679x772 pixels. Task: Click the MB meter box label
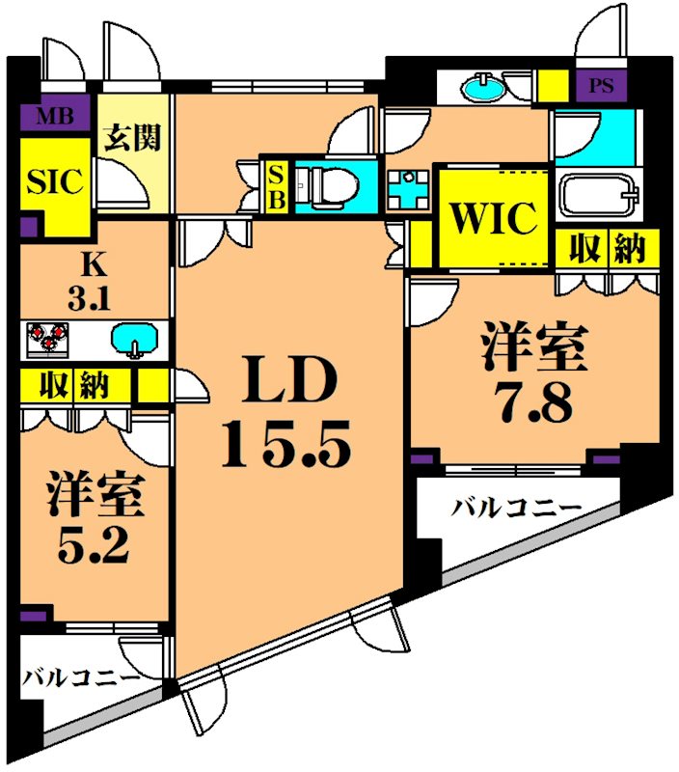tap(55, 117)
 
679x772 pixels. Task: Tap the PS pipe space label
tap(601, 86)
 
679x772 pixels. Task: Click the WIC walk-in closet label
tap(494, 217)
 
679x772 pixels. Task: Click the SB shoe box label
tap(277, 187)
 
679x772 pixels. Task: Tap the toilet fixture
tap(327, 185)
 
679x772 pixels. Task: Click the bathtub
tap(599, 196)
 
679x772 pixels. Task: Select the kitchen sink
tap(135, 340)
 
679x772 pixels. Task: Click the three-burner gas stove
tap(47, 340)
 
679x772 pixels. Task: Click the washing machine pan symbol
tap(407, 189)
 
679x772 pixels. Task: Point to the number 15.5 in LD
tap(286, 444)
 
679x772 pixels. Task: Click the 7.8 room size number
tap(534, 401)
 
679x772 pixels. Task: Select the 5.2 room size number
tap(93, 545)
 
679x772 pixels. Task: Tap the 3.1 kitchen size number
tap(89, 298)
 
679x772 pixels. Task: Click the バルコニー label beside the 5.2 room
tap(81, 679)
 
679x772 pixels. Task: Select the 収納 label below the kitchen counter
tap(74, 385)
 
